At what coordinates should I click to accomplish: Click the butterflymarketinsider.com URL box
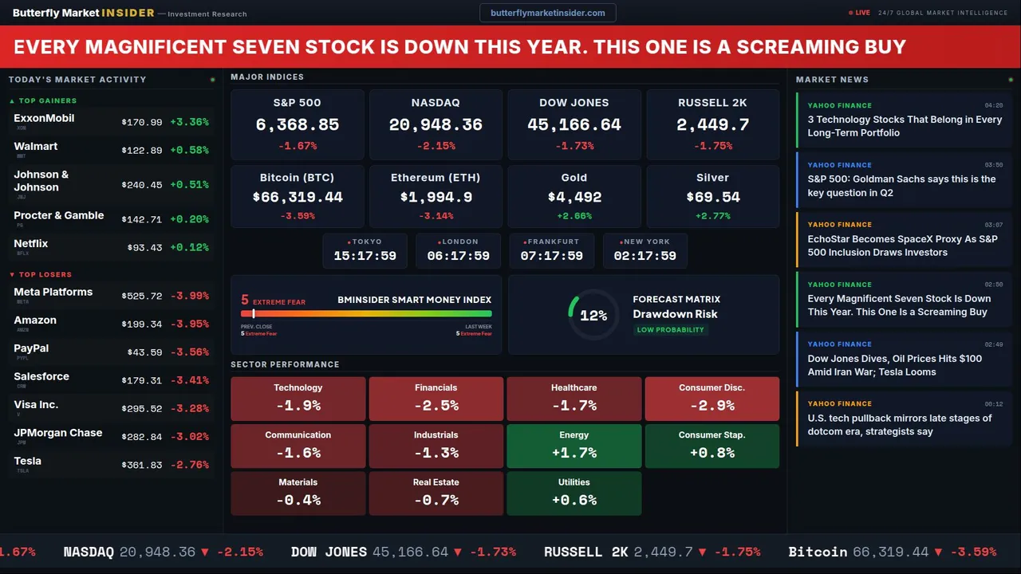point(547,13)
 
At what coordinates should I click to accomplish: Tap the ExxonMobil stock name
point(44,118)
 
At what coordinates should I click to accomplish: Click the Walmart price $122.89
point(142,151)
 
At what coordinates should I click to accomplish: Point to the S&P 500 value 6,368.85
point(297,124)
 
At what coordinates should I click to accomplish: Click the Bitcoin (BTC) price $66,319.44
point(297,197)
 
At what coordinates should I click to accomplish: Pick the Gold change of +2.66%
point(574,216)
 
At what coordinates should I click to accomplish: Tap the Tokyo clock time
point(365,256)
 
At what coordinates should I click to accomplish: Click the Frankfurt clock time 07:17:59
point(551,256)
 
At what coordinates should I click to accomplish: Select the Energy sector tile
point(574,446)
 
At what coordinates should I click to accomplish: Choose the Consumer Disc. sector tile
point(712,399)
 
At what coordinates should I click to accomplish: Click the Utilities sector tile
point(574,493)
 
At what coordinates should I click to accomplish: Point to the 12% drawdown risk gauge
point(593,316)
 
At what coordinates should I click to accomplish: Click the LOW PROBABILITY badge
point(670,330)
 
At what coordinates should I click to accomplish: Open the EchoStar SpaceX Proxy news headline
point(902,246)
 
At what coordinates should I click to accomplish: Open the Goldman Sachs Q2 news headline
point(901,186)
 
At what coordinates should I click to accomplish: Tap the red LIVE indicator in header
point(860,13)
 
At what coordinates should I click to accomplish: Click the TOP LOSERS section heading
point(45,274)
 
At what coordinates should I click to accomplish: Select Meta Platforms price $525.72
point(142,297)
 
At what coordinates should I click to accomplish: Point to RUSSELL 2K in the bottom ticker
point(586,552)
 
